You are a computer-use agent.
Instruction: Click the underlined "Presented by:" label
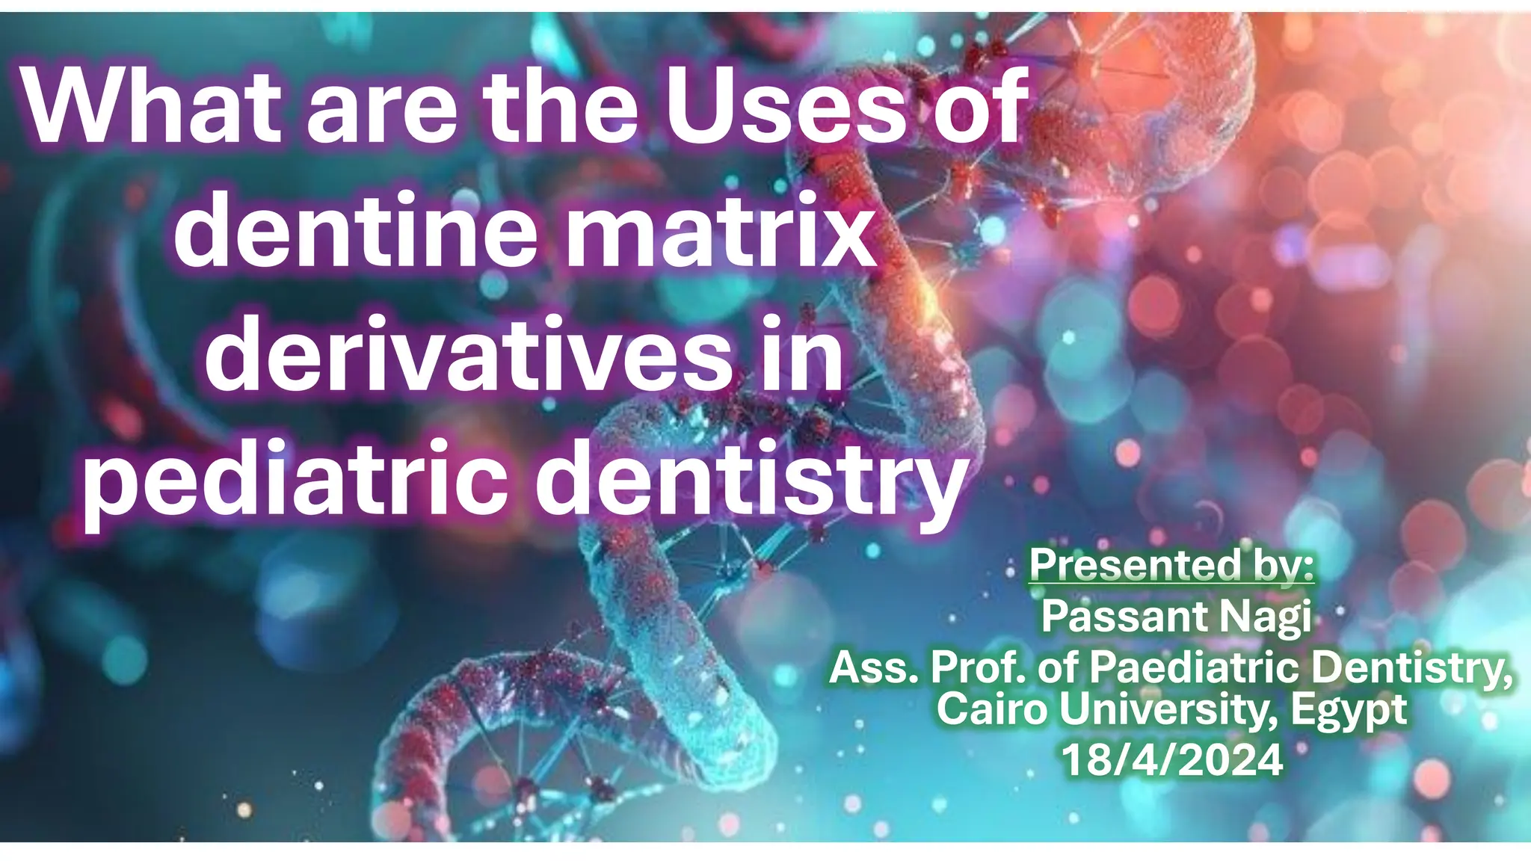(x=1171, y=566)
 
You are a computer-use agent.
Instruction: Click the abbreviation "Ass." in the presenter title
(x=875, y=667)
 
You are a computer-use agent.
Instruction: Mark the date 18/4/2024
(x=1171, y=760)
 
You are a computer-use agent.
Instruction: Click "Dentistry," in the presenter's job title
(x=1412, y=667)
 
